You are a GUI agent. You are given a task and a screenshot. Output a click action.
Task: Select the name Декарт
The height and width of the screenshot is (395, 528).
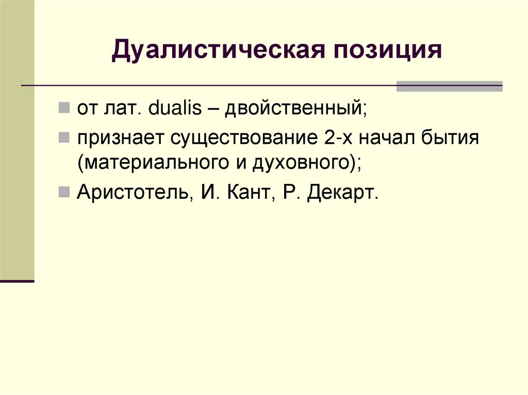pyautogui.click(x=342, y=193)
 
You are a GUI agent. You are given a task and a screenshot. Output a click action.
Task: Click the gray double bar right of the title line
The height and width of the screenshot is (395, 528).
pyautogui.click(x=449, y=86)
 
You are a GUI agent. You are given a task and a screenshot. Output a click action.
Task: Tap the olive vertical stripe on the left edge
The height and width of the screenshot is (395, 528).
pyautogui.click(x=17, y=139)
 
